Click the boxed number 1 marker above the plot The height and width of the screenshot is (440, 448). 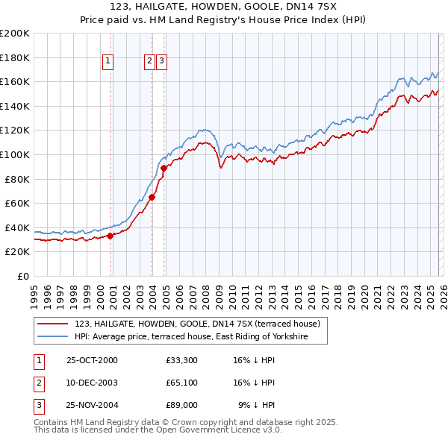click(108, 62)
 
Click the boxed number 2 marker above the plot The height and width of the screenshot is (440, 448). click(149, 62)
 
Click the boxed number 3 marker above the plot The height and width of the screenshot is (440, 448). click(161, 62)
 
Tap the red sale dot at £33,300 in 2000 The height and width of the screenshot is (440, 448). click(110, 236)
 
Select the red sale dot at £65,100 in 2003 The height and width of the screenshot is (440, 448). click(152, 197)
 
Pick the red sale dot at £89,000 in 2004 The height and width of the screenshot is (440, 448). click(164, 168)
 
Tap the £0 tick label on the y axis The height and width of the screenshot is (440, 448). click(22, 276)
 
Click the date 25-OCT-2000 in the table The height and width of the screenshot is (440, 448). click(92, 360)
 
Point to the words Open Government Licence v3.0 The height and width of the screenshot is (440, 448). click(219, 430)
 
